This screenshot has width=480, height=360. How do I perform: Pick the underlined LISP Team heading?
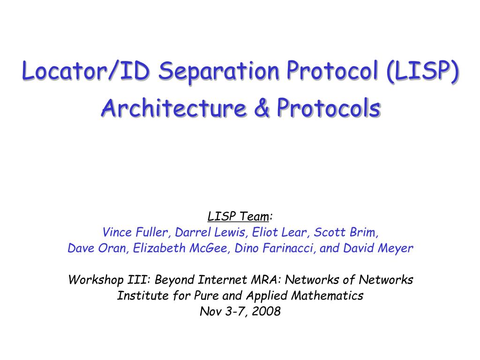[x=239, y=216]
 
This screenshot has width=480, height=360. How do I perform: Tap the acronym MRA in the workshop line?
[x=265, y=280]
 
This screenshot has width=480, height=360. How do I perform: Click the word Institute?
[x=136, y=296]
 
